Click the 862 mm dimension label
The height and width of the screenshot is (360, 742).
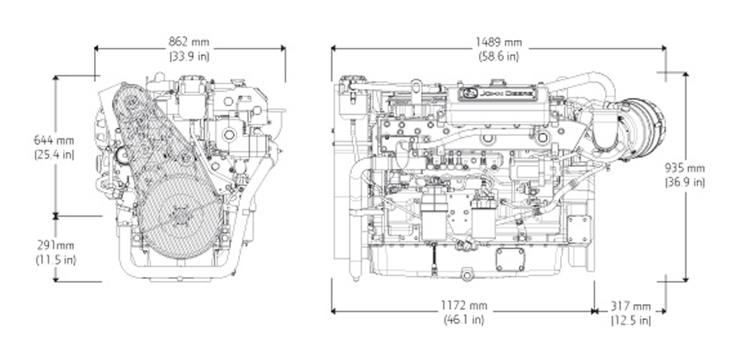[189, 42]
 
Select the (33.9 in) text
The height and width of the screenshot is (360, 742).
[189, 55]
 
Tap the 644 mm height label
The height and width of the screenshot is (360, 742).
[54, 140]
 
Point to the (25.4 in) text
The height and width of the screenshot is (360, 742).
[54, 153]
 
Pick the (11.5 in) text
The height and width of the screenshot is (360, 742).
[55, 259]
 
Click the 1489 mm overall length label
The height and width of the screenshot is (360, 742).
[498, 42]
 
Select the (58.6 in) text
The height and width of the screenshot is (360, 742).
[498, 55]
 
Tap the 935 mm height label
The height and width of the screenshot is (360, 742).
[685, 168]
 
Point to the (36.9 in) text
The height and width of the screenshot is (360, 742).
[685, 182]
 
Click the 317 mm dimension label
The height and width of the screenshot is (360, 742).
[631, 305]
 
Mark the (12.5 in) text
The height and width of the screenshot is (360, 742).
[631, 319]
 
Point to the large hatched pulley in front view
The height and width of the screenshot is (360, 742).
[176, 215]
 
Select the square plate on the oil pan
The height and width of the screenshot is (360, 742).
[510, 259]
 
